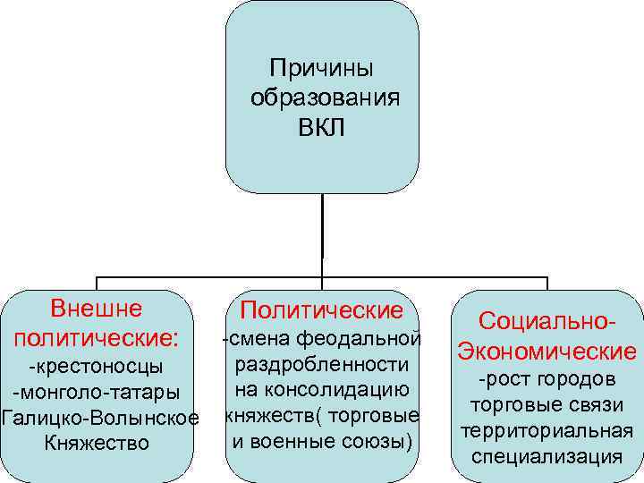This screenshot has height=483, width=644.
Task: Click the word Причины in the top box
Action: click(322, 68)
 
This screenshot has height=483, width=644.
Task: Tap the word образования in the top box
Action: click(323, 97)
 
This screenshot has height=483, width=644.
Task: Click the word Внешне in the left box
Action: click(97, 309)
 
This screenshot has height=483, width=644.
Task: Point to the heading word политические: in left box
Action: click(97, 339)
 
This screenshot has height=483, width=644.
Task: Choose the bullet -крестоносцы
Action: click(97, 368)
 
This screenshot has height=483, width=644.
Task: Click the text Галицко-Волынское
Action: click(99, 418)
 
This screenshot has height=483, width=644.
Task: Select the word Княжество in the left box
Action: click(97, 443)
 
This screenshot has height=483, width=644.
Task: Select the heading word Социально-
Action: click(547, 320)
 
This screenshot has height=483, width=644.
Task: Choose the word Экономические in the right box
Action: click(547, 351)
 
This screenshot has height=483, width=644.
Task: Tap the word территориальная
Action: click(547, 430)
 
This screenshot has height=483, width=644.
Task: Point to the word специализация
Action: click(547, 455)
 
